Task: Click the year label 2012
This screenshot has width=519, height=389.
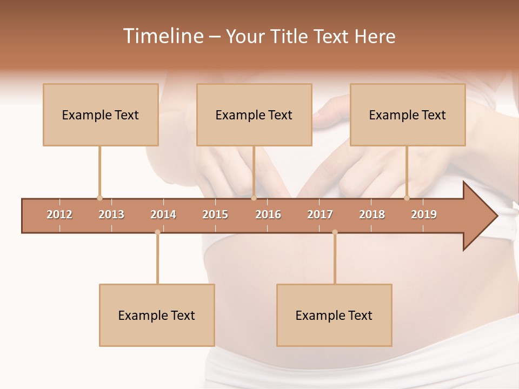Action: (x=59, y=215)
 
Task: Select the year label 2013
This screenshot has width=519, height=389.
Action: (x=111, y=215)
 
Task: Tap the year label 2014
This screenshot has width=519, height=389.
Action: (x=163, y=215)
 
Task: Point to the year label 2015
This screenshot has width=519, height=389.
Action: (x=215, y=215)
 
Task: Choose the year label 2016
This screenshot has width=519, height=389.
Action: (x=268, y=215)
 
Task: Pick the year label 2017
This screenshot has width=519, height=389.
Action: (x=320, y=215)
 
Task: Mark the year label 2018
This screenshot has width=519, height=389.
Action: (x=372, y=215)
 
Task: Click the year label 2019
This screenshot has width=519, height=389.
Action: (x=424, y=215)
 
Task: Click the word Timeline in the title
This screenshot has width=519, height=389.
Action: (x=162, y=36)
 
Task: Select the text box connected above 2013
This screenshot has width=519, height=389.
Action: (x=101, y=115)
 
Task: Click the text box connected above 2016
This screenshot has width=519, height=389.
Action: (x=254, y=115)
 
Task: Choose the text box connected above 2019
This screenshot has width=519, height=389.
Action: (x=408, y=115)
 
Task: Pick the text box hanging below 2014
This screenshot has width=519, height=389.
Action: (x=157, y=315)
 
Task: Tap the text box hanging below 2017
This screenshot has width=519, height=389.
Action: (x=334, y=315)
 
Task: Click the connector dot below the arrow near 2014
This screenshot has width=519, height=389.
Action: (x=157, y=232)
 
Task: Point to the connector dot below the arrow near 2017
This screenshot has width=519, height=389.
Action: (x=335, y=232)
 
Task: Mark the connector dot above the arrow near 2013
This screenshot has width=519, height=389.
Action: (x=99, y=198)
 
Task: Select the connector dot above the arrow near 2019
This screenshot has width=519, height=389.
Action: (x=407, y=198)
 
